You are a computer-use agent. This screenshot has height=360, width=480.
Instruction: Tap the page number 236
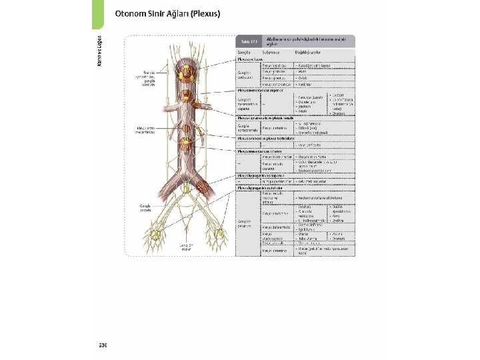coord(103,345)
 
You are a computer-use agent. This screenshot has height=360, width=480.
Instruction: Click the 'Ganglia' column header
coord(244,51)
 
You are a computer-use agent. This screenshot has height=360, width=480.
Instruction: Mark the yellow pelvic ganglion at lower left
coord(157,235)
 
